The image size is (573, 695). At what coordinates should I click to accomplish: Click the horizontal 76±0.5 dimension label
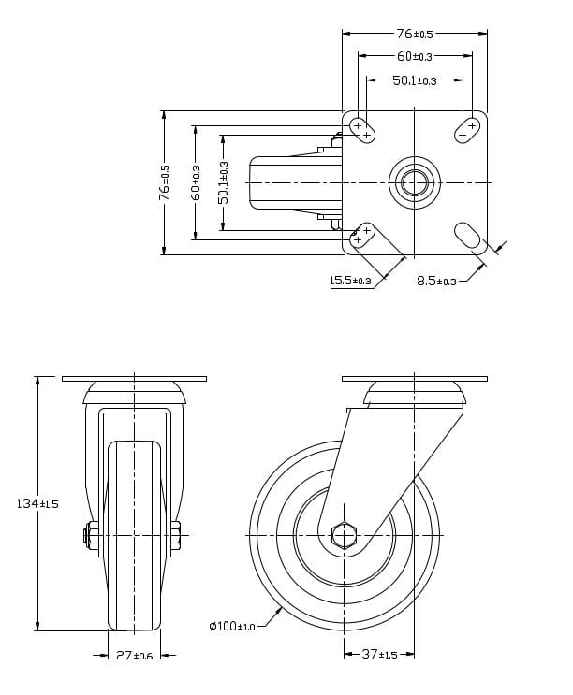click(415, 34)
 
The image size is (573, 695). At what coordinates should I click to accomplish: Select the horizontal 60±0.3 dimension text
click(415, 56)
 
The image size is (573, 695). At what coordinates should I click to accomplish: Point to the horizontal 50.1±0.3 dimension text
click(415, 80)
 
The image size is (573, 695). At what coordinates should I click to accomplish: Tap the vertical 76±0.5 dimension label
click(165, 182)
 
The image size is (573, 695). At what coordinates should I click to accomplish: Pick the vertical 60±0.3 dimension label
click(195, 182)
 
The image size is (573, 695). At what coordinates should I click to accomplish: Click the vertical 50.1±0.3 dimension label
click(223, 182)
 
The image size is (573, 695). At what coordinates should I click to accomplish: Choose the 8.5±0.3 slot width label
click(436, 281)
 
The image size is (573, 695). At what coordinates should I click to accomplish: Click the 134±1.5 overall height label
click(37, 504)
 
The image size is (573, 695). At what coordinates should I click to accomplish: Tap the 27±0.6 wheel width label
click(136, 655)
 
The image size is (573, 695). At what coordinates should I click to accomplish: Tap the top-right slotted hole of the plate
click(467, 130)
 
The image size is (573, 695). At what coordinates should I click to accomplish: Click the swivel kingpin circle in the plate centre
click(415, 181)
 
